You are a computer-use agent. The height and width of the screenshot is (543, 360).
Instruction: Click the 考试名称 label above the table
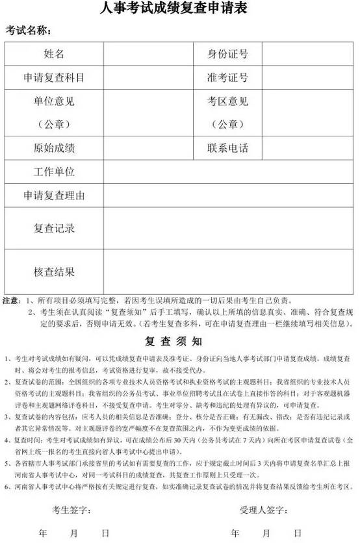[x=29, y=31]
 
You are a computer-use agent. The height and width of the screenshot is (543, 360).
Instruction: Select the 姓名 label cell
[x=54, y=54]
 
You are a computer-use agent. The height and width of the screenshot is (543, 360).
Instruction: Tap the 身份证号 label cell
[x=227, y=54]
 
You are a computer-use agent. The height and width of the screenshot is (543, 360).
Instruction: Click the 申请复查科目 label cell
[x=54, y=78]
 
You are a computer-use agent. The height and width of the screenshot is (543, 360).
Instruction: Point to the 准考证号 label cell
[x=227, y=78]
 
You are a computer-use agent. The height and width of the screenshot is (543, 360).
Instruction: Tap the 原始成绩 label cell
[x=54, y=147]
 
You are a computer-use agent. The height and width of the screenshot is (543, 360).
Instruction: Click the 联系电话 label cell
[x=227, y=147]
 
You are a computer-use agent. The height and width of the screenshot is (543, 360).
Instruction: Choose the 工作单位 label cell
[x=54, y=171]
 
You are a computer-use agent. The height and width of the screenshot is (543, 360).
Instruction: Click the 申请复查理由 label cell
[x=54, y=195]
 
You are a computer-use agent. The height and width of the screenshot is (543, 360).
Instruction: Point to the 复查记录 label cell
[x=54, y=229]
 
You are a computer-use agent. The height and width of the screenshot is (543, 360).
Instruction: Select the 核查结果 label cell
[x=54, y=271]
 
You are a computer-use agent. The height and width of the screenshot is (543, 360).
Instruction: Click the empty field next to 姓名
[x=148, y=54]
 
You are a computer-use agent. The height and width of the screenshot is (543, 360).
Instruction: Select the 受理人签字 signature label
[x=257, y=492]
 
